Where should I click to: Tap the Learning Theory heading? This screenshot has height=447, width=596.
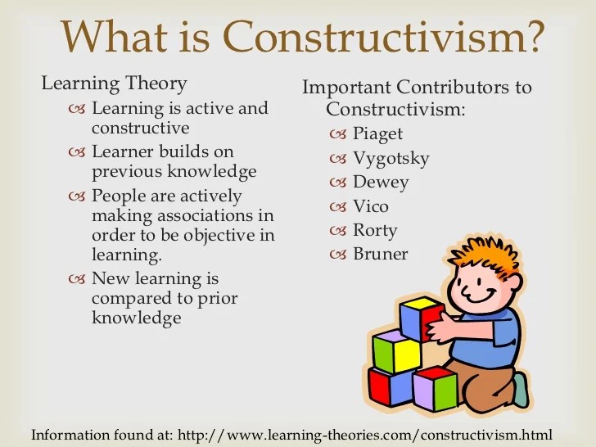(114, 84)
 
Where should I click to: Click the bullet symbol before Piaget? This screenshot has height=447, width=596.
(339, 134)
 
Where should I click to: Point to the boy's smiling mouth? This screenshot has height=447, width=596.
(477, 293)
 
